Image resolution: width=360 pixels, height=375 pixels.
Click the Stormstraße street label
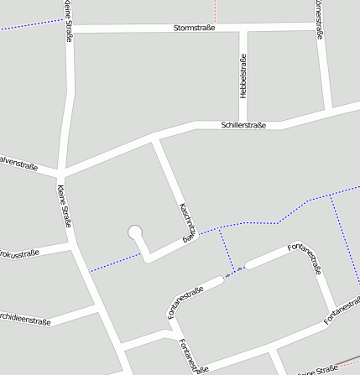[x=194, y=28]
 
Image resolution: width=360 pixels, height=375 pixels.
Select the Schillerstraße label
[x=243, y=125]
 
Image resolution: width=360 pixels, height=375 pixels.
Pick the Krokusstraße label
[x=18, y=253]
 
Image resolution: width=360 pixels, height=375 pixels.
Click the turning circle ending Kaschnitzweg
[x=135, y=232]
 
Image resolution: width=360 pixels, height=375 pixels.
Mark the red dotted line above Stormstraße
[x=215, y=11]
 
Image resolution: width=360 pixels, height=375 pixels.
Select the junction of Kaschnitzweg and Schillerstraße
[x=154, y=139]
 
